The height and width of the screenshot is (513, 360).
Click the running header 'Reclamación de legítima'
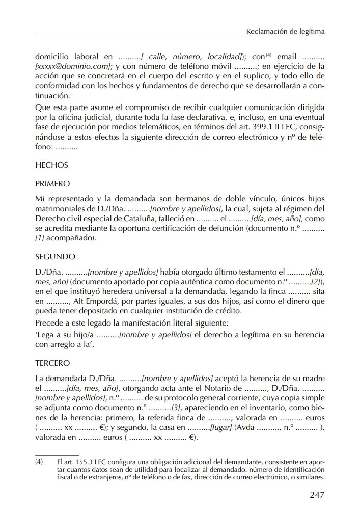click(x=285, y=32)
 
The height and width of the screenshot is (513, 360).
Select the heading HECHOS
click(x=51, y=165)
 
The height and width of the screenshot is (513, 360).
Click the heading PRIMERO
click(x=52, y=183)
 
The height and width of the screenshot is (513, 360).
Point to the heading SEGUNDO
click(x=55, y=256)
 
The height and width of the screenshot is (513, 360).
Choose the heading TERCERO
click(x=52, y=364)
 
